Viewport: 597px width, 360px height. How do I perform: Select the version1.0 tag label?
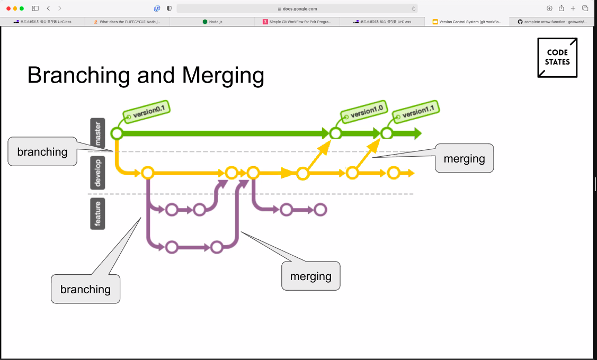[362, 112]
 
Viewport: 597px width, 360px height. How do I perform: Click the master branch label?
[97, 133]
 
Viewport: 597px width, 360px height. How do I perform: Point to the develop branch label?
[97, 172]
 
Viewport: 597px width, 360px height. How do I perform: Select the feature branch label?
[97, 213]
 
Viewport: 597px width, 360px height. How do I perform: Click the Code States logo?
[557, 58]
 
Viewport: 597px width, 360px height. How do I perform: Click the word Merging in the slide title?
[223, 75]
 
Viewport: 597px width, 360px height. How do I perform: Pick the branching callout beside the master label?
[42, 152]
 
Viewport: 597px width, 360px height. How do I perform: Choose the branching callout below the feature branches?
[85, 289]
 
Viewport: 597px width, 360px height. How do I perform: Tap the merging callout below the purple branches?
[310, 276]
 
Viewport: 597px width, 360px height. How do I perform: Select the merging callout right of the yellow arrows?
[464, 158]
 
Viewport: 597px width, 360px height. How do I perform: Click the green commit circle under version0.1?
[117, 133]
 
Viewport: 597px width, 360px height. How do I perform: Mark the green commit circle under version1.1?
[387, 133]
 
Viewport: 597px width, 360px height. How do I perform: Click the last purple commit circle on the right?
[320, 210]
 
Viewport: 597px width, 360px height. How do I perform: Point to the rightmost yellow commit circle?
[393, 173]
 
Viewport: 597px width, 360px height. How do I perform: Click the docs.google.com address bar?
[297, 8]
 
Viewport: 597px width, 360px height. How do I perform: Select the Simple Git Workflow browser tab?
[297, 22]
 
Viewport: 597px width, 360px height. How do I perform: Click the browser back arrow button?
[48, 8]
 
